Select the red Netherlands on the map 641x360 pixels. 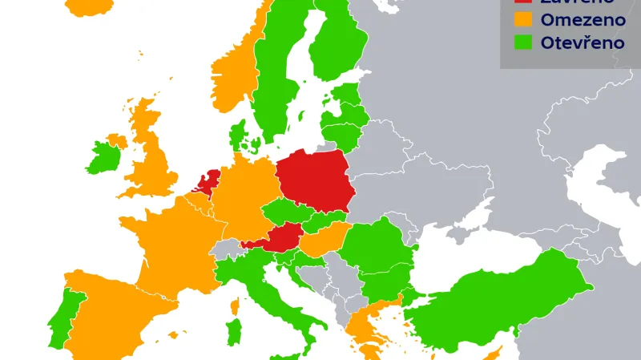[208, 181]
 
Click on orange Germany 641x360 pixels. [240, 196]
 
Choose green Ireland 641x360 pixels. [103, 157]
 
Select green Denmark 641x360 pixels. [238, 137]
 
